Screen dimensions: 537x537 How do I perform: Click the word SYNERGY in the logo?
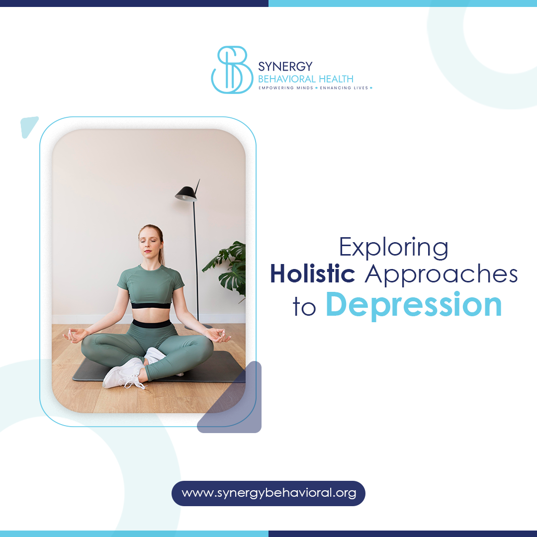[285, 67]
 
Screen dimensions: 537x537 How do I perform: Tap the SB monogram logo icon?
[231, 70]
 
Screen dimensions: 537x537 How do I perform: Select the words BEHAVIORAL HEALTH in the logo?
[306, 79]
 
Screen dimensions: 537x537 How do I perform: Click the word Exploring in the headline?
[393, 248]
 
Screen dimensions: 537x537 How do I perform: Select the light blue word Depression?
[414, 305]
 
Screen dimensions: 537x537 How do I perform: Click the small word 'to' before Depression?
[304, 308]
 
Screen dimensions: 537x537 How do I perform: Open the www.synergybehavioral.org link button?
[268, 493]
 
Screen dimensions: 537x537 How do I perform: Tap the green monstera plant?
[229, 264]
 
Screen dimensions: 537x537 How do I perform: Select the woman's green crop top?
[150, 286]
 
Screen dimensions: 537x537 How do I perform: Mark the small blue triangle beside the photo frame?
[29, 126]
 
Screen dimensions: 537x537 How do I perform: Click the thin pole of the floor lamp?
[196, 259]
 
